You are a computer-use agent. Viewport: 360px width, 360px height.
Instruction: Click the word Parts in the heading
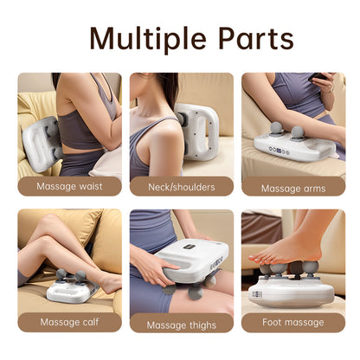pyautogui.click(x=251, y=39)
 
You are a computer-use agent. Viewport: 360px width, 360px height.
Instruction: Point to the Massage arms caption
pyautogui.click(x=292, y=187)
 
